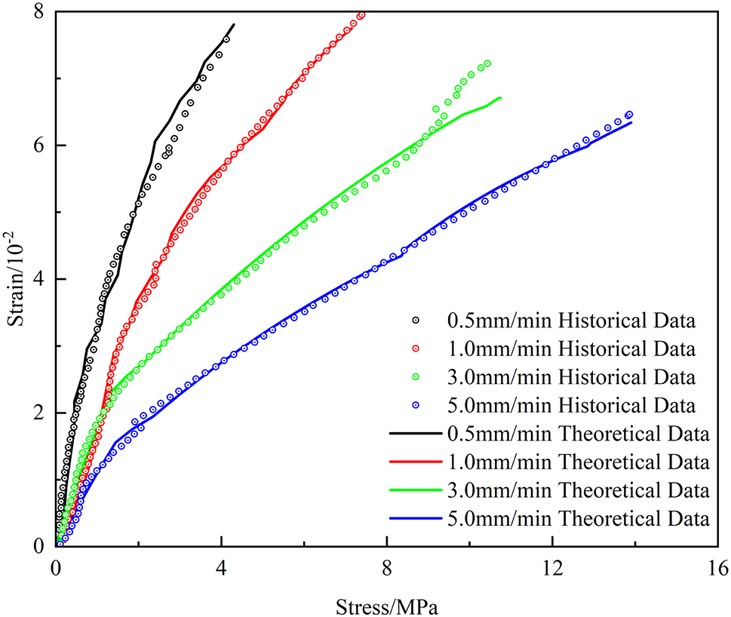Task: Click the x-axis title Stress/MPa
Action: (387, 605)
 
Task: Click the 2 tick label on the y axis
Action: (39, 413)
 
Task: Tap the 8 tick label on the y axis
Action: (39, 12)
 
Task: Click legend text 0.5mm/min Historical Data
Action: (570, 321)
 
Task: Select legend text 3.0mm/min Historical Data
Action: (570, 378)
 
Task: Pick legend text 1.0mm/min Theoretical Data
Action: (578, 462)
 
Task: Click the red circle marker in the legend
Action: (414, 350)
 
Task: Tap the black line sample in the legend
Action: (414, 434)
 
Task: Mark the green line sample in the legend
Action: (414, 491)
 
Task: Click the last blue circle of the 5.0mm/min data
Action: (629, 115)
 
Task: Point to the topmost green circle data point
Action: (488, 63)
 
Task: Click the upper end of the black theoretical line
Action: (234, 24)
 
